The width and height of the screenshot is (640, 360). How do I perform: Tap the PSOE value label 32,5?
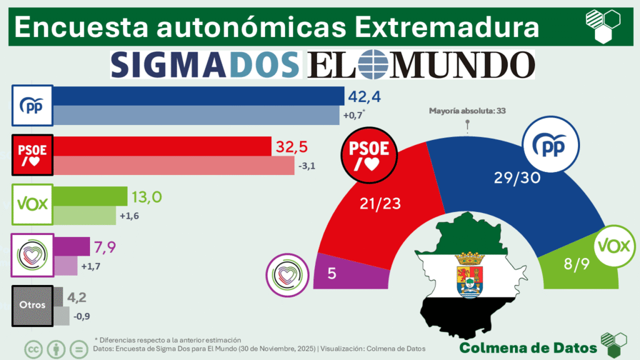(291, 147)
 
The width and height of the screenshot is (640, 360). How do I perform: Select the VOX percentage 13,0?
(148, 197)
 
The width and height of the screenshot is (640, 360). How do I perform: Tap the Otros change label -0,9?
(82, 316)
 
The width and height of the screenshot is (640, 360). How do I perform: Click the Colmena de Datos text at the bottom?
(527, 347)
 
